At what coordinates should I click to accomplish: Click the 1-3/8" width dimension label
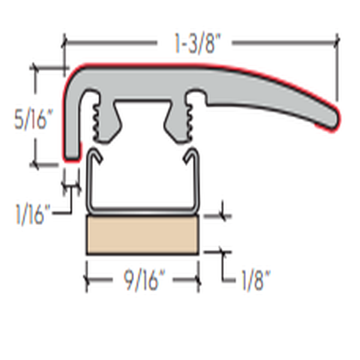click(194, 43)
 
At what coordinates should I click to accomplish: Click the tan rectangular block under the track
click(143, 235)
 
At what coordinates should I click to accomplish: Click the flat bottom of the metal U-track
click(143, 211)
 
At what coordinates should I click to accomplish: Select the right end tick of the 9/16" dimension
click(199, 281)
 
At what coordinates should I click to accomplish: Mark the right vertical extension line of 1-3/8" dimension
click(337, 69)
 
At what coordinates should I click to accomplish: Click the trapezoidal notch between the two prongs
click(143, 114)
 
